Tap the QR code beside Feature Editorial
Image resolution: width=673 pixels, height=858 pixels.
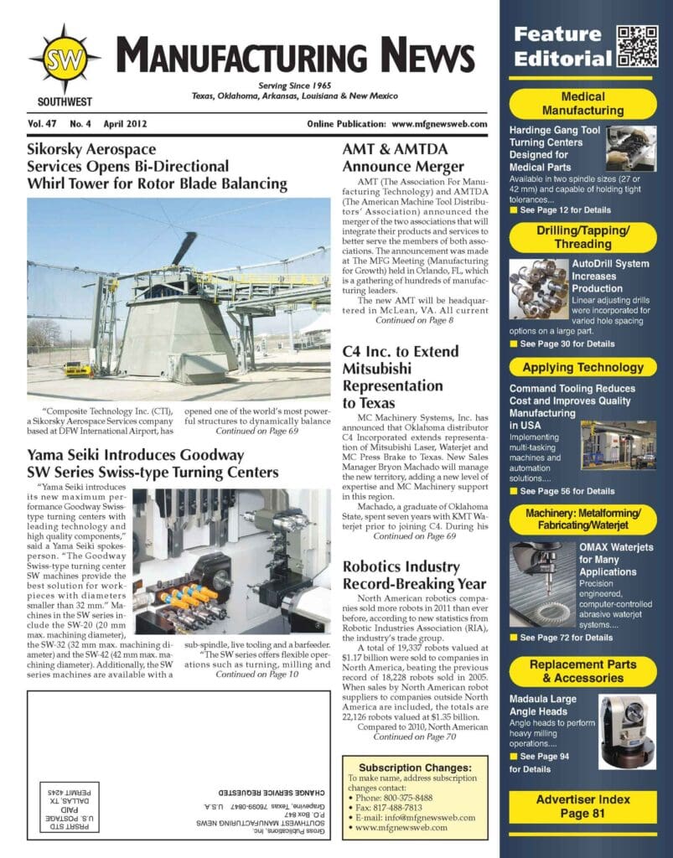[637, 46]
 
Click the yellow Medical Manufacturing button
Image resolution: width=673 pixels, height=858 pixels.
[582, 104]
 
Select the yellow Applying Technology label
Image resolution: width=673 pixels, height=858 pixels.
[582, 367]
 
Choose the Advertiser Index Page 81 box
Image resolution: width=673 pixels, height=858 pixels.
[582, 806]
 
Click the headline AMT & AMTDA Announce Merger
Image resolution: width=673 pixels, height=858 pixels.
[402, 158]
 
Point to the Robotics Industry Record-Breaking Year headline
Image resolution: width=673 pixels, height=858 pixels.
[413, 575]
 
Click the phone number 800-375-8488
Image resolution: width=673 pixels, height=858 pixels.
[403, 798]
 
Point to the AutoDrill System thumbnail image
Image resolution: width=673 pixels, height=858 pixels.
[538, 287]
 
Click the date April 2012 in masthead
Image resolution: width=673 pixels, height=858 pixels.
[126, 123]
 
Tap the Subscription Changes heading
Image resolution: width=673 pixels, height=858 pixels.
[411, 768]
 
